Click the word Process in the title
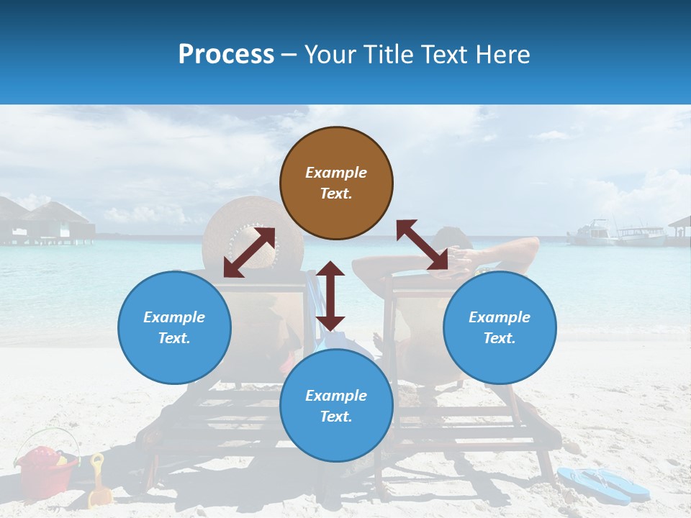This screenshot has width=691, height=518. pos(226,55)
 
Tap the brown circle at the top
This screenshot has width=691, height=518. pos(336,183)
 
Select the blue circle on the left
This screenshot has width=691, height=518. pos(174,327)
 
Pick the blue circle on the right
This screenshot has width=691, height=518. pos(500,327)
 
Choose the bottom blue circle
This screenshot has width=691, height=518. pos(336,406)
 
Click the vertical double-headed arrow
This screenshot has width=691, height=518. pos(330,296)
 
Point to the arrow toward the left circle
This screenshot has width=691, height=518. pos(249,252)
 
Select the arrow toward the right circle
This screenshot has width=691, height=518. pos(422,245)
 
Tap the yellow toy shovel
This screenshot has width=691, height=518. pos(99,482)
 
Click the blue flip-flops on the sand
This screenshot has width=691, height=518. pos(603,483)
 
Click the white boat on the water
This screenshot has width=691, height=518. pos(592,232)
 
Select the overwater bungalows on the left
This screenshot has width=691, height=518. pos(47,219)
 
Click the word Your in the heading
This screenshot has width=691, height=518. pos(331,55)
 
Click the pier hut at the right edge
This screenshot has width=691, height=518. pos(679,229)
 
